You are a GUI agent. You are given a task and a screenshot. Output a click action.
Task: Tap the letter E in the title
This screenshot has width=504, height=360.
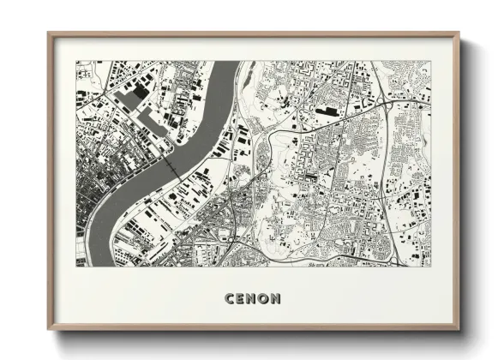tap(242, 299)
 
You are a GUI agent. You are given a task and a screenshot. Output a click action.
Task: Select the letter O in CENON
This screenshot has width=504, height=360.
tap(263, 299)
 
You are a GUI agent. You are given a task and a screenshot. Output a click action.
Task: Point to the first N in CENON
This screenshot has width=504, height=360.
tap(252, 299)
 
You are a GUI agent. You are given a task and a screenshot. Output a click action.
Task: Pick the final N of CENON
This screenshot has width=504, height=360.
tap(275, 299)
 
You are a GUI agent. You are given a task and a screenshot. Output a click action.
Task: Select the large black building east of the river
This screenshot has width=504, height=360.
tap(327, 111)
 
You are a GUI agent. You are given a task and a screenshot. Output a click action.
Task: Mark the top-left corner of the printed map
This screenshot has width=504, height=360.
tap(75, 62)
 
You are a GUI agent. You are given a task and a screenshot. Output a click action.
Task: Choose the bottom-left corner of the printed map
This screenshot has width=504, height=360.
tap(75, 266)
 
